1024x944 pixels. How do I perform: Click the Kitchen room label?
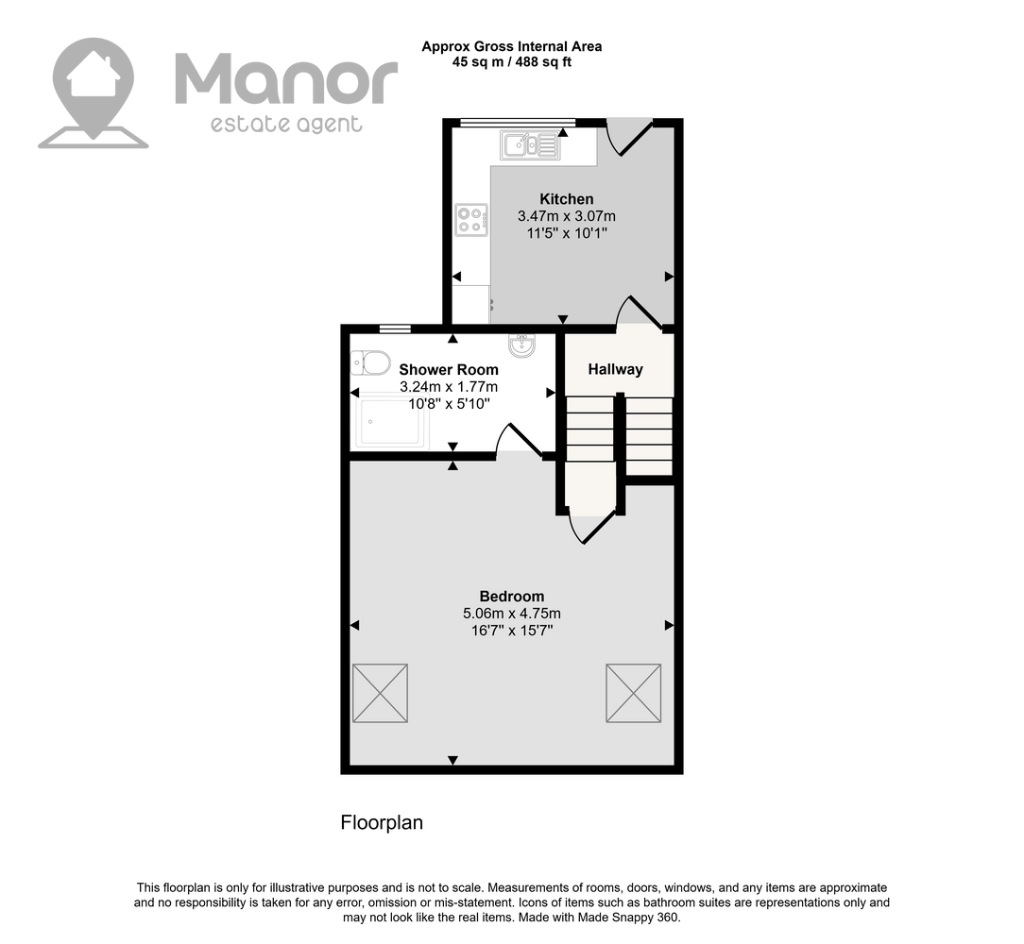[566, 199]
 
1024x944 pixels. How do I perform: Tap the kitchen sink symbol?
[530, 145]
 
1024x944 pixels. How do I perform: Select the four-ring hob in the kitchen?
[471, 219]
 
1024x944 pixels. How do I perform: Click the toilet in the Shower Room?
[369, 363]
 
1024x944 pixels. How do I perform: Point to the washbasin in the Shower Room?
[521, 345]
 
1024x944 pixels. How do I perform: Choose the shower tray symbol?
[390, 423]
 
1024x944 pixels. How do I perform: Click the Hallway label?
[615, 369]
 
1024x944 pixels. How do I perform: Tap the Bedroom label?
[511, 596]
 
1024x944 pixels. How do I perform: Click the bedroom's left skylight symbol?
[380, 693]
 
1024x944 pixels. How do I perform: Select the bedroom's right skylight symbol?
[634, 693]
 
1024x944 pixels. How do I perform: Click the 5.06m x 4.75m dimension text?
[512, 614]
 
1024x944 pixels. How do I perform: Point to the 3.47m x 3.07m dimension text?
[567, 216]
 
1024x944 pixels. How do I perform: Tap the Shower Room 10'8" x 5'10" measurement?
[449, 404]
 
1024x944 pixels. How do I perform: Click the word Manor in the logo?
[286, 79]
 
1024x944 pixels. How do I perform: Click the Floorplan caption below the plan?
[382, 822]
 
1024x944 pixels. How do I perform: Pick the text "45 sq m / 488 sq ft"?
[512, 62]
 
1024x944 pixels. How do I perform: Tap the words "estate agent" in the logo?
[286, 124]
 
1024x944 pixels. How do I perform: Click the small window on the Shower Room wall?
[395, 329]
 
